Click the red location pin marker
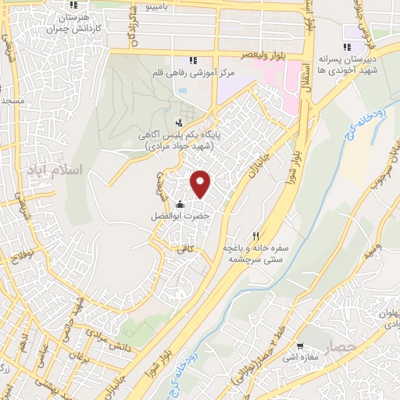[201, 184]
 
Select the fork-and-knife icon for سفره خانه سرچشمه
[255, 235]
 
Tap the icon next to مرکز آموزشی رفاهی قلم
[192, 60]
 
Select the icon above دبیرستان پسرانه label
[346, 47]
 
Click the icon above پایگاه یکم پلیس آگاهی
[179, 122]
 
